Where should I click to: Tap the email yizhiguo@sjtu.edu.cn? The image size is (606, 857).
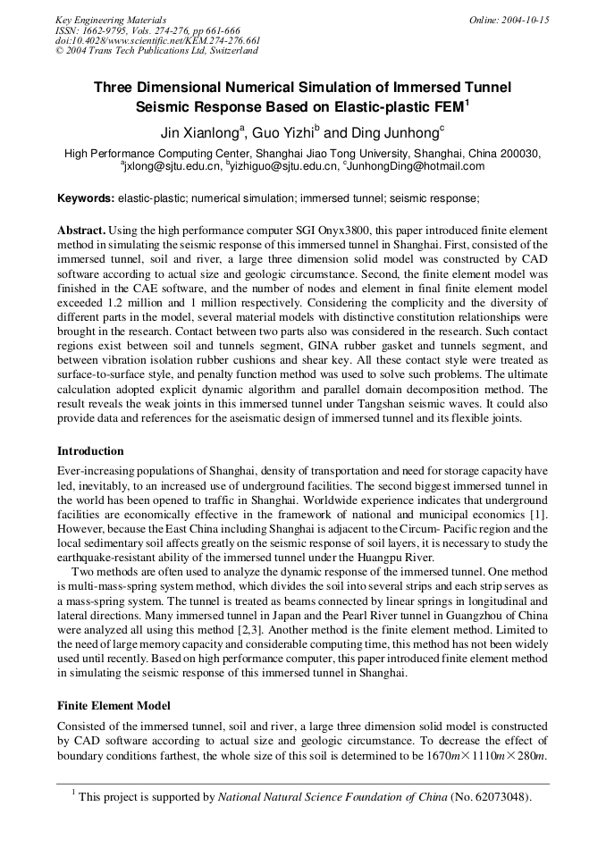tap(284, 166)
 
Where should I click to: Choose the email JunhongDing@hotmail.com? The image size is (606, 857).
tap(416, 166)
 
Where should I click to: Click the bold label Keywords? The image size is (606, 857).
tap(86, 197)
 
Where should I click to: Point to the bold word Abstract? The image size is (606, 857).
tap(81, 230)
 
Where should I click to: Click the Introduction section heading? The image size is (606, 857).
tap(90, 450)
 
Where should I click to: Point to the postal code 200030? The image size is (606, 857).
tap(520, 154)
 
